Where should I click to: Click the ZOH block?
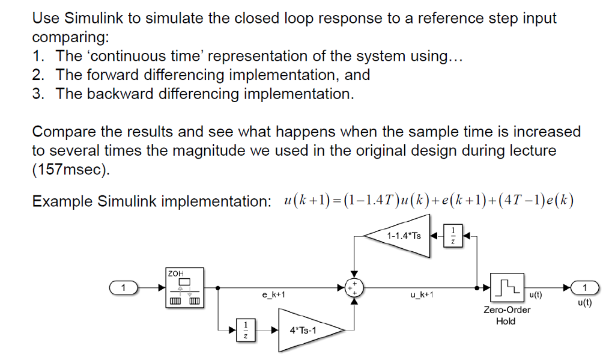tap(184, 288)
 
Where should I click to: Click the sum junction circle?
tap(355, 288)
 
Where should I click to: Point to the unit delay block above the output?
tap(453, 235)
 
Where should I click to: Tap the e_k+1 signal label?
tap(273, 296)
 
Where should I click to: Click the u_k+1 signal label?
tap(420, 296)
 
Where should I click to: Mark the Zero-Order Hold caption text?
tap(506, 316)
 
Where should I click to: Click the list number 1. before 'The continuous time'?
tap(39, 56)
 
